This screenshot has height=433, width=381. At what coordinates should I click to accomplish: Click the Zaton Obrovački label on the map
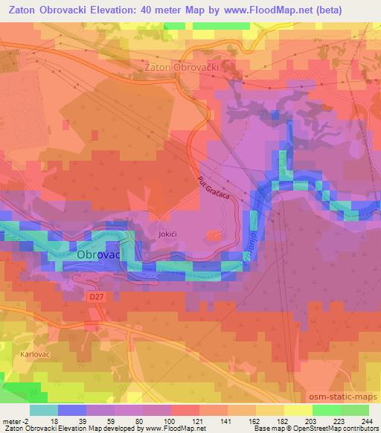(180, 67)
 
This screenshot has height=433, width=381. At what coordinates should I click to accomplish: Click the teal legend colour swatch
(43, 410)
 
